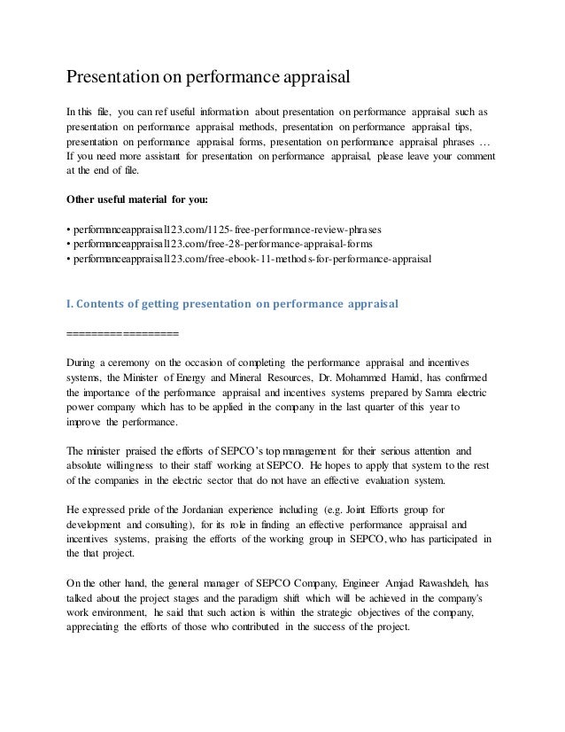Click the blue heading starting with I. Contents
coord(233,303)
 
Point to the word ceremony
coord(134,362)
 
